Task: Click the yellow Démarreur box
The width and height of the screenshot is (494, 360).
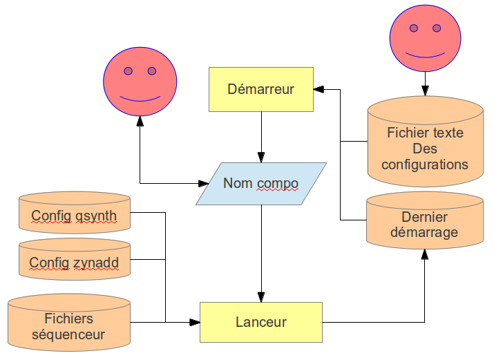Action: pyautogui.click(x=261, y=89)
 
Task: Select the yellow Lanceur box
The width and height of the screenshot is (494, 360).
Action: pyautogui.click(x=261, y=322)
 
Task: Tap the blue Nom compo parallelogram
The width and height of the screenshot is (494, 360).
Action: pyautogui.click(x=261, y=184)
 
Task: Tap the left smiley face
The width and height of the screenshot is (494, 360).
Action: pyautogui.click(x=140, y=82)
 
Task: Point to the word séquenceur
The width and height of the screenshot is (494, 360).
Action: pyautogui.click(x=68, y=335)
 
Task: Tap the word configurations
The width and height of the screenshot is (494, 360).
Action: pyautogui.click(x=424, y=164)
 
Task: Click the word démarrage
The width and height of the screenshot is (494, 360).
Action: pyautogui.click(x=424, y=232)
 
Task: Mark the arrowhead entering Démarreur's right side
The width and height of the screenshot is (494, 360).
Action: pyautogui.click(x=319, y=89)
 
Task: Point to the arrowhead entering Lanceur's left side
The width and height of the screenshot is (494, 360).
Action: pyautogui.click(x=196, y=322)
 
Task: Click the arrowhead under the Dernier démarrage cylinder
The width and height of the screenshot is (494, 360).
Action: pyautogui.click(x=425, y=254)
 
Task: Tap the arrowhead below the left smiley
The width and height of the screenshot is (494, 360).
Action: pyautogui.click(x=140, y=120)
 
